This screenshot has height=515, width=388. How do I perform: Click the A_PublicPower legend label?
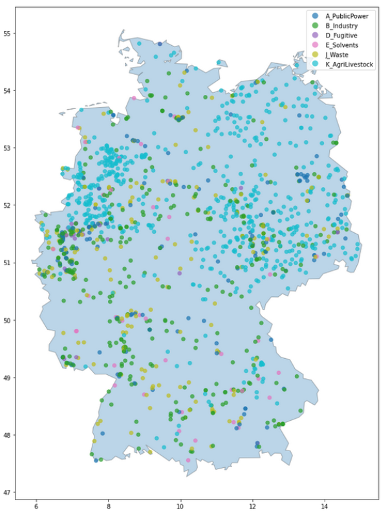pyautogui.click(x=348, y=15)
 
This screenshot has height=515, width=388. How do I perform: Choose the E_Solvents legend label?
pyautogui.click(x=343, y=45)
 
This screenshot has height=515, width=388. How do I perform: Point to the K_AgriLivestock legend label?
pyautogui.click(x=350, y=64)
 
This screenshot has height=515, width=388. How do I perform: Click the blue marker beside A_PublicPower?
pyautogui.click(x=315, y=15)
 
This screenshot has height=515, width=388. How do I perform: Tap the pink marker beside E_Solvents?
pyautogui.click(x=315, y=45)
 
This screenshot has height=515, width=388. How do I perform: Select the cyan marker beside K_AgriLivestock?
pyautogui.click(x=315, y=64)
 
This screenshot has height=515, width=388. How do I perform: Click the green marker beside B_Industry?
pyautogui.click(x=315, y=25)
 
